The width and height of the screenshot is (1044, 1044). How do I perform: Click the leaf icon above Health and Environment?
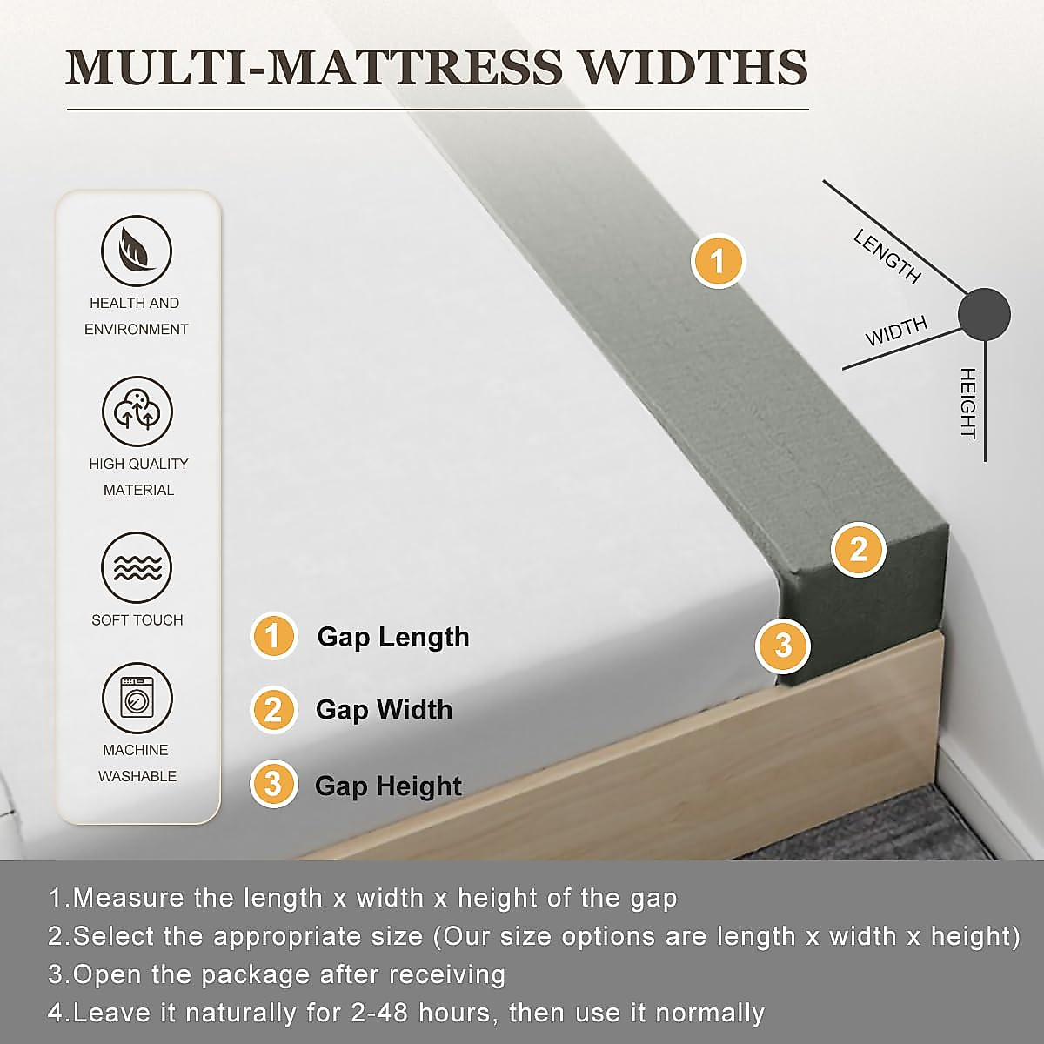pos(137,251)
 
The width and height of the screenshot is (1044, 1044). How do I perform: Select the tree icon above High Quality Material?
pos(137,412)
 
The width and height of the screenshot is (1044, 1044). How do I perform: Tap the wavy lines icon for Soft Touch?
pos(137,567)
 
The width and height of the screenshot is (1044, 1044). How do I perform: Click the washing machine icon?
pos(137,699)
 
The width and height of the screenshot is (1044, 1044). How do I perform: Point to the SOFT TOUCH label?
pos(137,620)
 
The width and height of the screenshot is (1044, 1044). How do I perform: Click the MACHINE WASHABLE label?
pos(137,763)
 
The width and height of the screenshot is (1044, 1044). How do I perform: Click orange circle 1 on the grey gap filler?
pos(718,261)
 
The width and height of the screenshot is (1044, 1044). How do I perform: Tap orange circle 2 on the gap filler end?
pos(859,550)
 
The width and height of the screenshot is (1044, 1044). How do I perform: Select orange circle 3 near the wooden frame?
pos(783,646)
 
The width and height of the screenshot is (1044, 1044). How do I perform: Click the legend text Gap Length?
pos(393,637)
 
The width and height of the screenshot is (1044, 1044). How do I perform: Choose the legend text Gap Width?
pos(384,710)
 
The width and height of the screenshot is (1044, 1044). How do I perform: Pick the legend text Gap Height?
pos(388,786)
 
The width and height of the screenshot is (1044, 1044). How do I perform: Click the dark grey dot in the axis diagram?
pos(984,314)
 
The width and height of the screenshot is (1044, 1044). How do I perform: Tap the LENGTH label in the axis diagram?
pos(887,257)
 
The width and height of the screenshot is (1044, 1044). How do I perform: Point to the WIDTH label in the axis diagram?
pos(896,331)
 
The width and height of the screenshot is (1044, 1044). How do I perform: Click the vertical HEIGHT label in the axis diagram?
pos(967,403)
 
